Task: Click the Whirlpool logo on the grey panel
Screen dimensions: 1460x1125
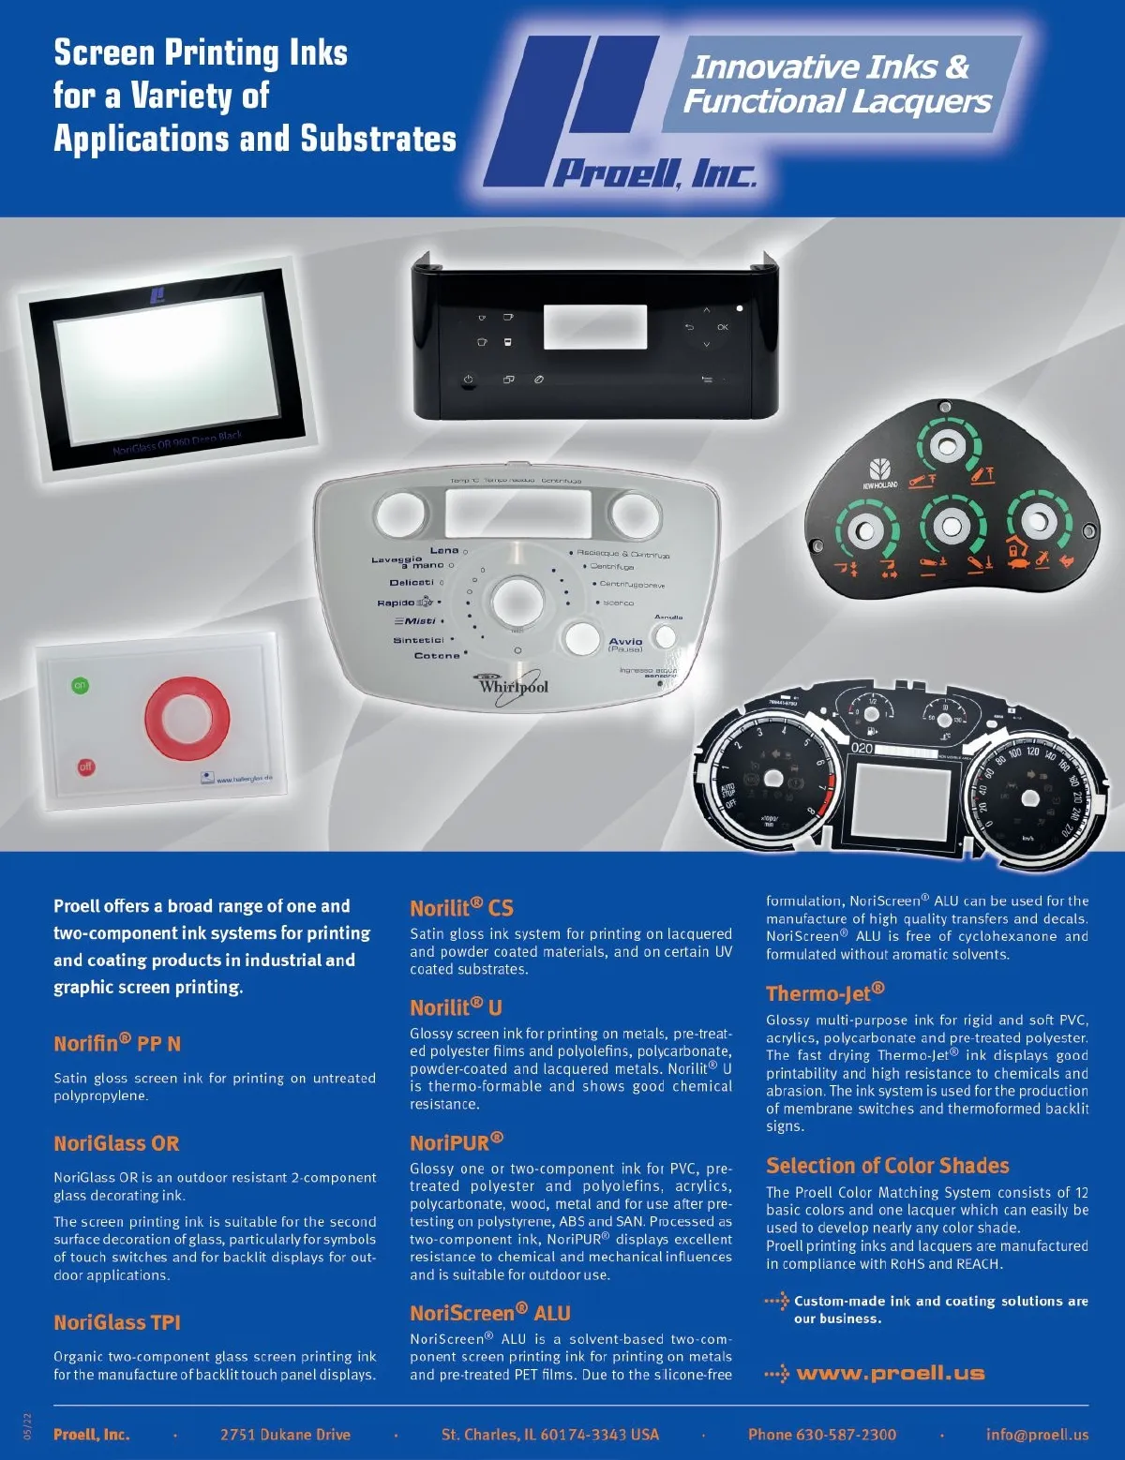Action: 513,686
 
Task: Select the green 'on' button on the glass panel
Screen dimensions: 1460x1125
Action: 81,686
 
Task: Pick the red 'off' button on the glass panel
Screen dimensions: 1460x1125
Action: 85,767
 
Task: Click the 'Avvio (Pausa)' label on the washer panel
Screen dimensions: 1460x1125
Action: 625,645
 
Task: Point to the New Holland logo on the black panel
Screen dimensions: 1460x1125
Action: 879,474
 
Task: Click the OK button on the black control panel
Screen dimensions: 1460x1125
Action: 723,327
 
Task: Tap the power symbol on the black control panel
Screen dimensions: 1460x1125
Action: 468,380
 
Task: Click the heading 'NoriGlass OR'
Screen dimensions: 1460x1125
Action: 116,1143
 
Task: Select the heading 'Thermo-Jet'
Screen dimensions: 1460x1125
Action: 825,993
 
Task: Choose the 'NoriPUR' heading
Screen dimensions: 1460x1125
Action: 457,1142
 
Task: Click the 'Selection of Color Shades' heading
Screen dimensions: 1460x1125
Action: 887,1166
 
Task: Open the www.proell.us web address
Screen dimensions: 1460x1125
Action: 890,1374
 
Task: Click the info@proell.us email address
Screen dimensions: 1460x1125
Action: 1037,1435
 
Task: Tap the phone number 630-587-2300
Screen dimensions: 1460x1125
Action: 822,1435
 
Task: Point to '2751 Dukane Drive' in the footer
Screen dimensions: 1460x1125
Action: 285,1435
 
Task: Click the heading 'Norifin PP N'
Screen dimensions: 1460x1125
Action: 117,1043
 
